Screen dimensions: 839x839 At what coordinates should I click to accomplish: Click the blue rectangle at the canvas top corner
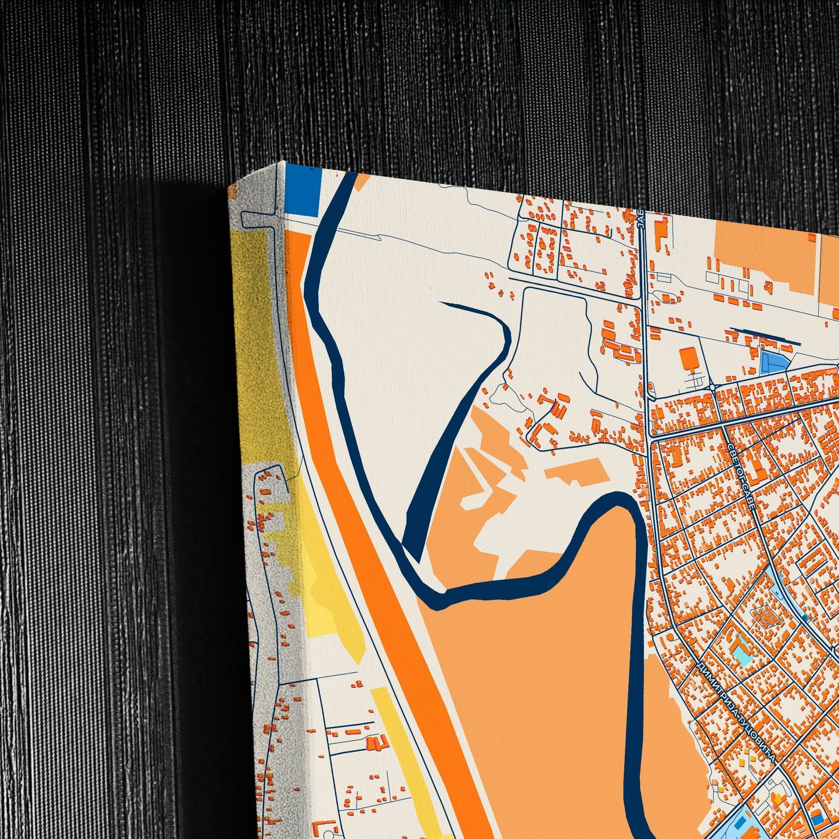coord(303,191)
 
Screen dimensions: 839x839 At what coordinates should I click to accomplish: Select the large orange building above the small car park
coord(689,358)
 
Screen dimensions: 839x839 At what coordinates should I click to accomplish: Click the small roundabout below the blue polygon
coord(711,387)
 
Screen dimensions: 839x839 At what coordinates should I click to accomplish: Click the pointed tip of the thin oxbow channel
coord(442,303)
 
